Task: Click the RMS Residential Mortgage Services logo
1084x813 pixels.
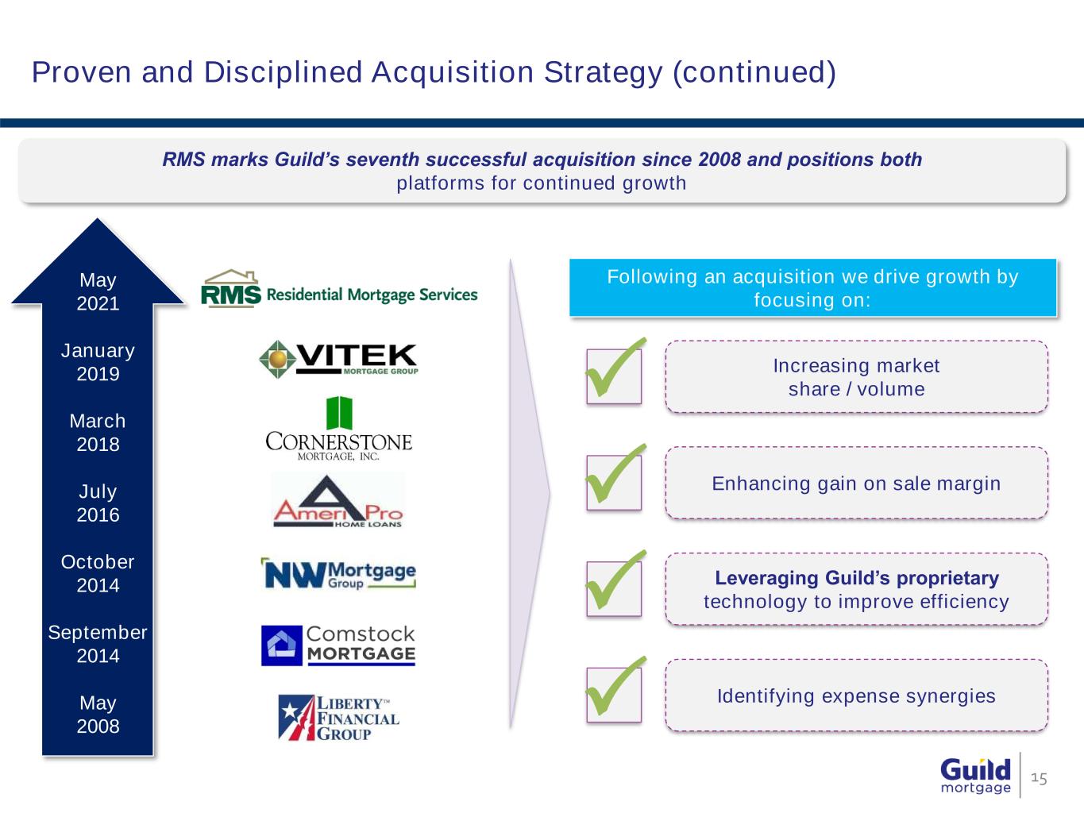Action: click(339, 289)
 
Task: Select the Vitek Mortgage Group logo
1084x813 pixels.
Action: click(338, 360)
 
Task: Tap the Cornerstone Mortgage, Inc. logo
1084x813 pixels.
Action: click(339, 429)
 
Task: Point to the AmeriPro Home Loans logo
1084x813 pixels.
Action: click(338, 501)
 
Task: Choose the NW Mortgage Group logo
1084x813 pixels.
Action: click(338, 573)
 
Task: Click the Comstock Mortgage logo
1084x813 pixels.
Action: click(338, 645)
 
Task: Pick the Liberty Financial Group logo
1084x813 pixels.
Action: click(339, 718)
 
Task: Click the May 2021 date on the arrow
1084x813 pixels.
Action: click(98, 291)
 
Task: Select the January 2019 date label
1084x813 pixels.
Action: click(98, 362)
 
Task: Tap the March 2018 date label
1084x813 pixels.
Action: click(98, 433)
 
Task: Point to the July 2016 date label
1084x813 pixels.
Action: click(98, 503)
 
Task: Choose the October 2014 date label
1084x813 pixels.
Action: click(98, 573)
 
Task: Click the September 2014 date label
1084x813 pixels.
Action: click(98, 644)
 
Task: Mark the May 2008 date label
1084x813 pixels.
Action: click(98, 715)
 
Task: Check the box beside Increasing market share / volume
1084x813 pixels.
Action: click(614, 376)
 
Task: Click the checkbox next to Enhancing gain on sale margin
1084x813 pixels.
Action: click(614, 482)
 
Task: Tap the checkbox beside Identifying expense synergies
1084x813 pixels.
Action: click(614, 695)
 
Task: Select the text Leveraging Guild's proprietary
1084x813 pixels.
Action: click(857, 577)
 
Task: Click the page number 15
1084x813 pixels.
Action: click(1039, 778)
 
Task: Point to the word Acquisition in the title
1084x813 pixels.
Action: click(453, 72)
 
